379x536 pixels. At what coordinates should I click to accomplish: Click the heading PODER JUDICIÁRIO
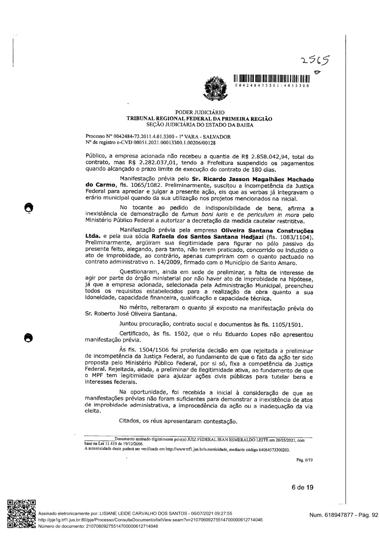pyautogui.click(x=200, y=113)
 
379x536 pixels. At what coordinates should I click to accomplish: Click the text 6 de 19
pyautogui.click(x=302, y=487)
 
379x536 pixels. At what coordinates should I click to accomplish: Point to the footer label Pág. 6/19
pyautogui.click(x=304, y=460)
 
